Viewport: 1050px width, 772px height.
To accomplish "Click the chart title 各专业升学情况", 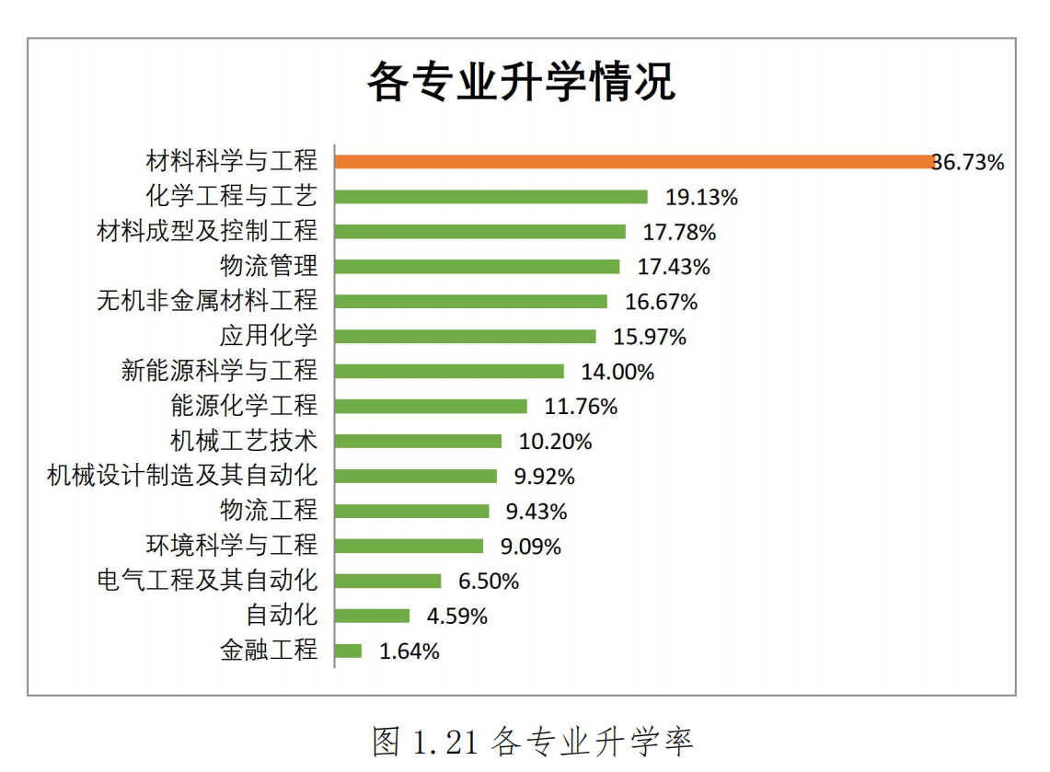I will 522,83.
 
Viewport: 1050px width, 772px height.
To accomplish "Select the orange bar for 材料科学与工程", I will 634,162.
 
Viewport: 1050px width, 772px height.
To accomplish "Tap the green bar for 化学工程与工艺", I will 491,197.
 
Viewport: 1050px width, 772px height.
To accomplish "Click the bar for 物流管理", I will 478,267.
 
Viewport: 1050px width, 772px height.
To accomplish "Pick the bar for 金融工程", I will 349,651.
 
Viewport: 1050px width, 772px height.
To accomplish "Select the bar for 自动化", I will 373,616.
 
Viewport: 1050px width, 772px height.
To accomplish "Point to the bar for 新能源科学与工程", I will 450,372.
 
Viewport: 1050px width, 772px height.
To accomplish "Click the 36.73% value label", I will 968,163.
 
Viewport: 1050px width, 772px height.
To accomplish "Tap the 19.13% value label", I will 701,197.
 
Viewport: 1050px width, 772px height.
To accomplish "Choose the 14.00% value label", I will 617,372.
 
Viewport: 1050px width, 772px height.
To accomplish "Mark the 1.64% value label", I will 410,651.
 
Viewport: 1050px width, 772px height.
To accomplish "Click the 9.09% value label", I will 530,547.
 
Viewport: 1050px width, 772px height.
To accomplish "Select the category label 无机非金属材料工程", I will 207,301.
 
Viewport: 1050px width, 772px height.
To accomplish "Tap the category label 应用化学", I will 268,336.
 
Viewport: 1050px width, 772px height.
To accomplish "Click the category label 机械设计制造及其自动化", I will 182,476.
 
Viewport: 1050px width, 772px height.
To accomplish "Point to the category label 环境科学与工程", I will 231,545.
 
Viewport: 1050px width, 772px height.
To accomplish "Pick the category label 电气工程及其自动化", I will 207,581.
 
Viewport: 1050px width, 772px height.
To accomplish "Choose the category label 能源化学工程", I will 244,406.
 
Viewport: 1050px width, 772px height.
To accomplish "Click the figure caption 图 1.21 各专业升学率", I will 532,741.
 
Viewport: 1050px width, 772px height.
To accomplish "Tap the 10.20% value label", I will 555,442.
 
